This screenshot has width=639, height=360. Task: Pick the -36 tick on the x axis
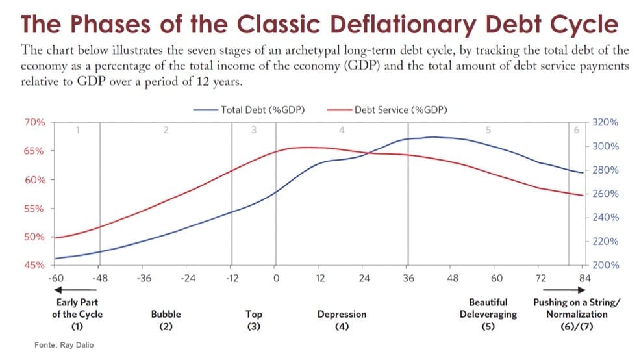(144, 278)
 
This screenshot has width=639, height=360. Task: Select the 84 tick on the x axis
(584, 278)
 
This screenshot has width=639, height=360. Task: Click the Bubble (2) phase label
(166, 320)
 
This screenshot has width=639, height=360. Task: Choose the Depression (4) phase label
(342, 320)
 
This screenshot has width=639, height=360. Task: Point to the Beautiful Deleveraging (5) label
(488, 314)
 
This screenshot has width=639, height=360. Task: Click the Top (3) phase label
(253, 320)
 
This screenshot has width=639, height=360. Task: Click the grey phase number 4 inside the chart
(342, 130)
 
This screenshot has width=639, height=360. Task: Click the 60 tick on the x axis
(496, 278)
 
